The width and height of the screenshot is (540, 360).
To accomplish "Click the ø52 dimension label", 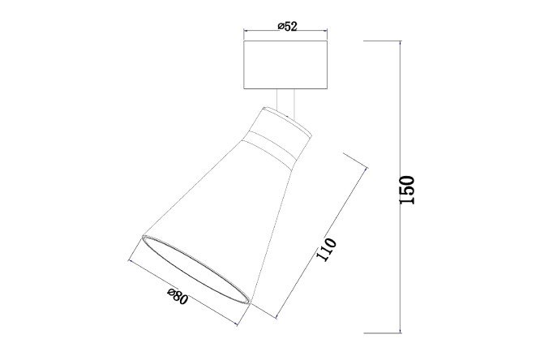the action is click(287, 26).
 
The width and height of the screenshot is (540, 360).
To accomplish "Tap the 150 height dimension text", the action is click(407, 190).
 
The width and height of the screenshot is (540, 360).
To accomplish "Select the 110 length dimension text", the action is click(326, 250).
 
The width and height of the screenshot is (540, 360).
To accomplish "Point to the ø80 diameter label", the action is click(178, 297).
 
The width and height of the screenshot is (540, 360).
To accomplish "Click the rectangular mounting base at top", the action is click(285, 65).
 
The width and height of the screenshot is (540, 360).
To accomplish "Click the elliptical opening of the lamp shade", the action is click(195, 270).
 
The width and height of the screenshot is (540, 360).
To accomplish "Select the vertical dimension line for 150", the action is click(401, 187).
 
